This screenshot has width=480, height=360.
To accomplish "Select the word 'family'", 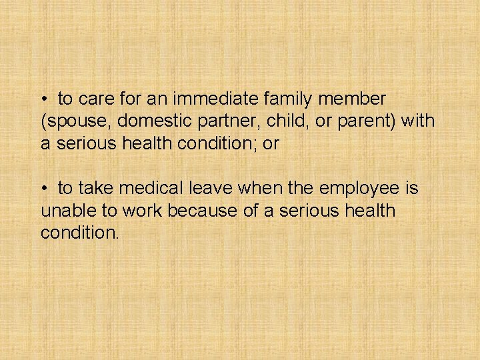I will tap(291, 99).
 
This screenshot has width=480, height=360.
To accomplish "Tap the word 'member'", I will tap(354, 99).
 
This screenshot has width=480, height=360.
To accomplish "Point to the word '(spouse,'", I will tap(71, 122).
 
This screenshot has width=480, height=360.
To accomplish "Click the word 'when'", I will tap(259, 189).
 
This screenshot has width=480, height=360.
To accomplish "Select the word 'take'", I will tap(95, 189).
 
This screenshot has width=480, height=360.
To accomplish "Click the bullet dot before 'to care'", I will tap(44, 100).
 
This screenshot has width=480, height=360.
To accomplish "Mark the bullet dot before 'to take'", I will tap(44, 189).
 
